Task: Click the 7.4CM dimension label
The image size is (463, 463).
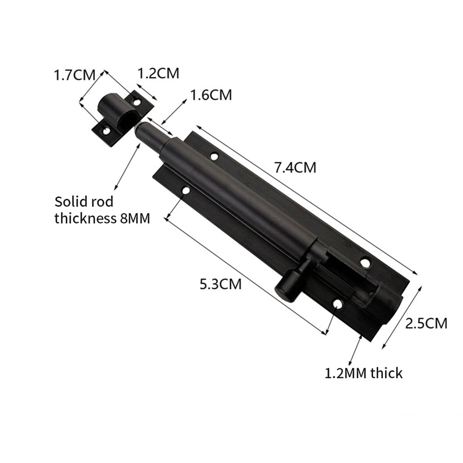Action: click(295, 167)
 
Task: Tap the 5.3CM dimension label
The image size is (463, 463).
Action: click(220, 284)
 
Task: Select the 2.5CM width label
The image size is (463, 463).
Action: click(426, 323)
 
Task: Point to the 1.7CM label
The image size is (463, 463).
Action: click(75, 75)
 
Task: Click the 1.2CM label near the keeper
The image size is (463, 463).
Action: click(158, 73)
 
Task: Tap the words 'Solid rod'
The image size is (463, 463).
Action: click(84, 202)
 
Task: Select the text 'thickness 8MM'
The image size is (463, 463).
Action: click(102, 218)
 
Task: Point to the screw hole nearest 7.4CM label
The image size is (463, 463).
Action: click(214, 156)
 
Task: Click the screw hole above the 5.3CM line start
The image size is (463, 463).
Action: click(185, 190)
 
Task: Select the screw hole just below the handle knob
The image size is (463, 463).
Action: click(338, 304)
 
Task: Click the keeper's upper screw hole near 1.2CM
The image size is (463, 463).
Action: click(137, 101)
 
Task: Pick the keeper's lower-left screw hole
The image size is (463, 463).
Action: click(106, 131)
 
